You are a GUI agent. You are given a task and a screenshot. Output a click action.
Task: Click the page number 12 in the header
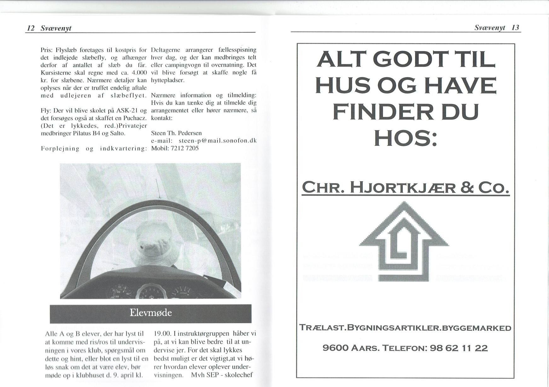pyautogui.click(x=31, y=28)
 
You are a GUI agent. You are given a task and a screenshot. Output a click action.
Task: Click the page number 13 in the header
pyautogui.click(x=515, y=28)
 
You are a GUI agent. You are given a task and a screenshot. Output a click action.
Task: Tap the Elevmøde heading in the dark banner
pyautogui.click(x=151, y=313)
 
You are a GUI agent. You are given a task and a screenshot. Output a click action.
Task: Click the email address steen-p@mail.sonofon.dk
pyautogui.click(x=217, y=141)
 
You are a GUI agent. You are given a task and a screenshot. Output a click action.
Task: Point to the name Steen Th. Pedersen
pyautogui.click(x=176, y=133)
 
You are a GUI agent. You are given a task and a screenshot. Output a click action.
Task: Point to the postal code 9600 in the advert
pyautogui.click(x=336, y=348)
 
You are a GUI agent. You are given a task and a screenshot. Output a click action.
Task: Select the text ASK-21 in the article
pyautogui.click(x=126, y=111)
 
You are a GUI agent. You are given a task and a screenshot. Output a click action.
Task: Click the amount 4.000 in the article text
pyautogui.click(x=138, y=72)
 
